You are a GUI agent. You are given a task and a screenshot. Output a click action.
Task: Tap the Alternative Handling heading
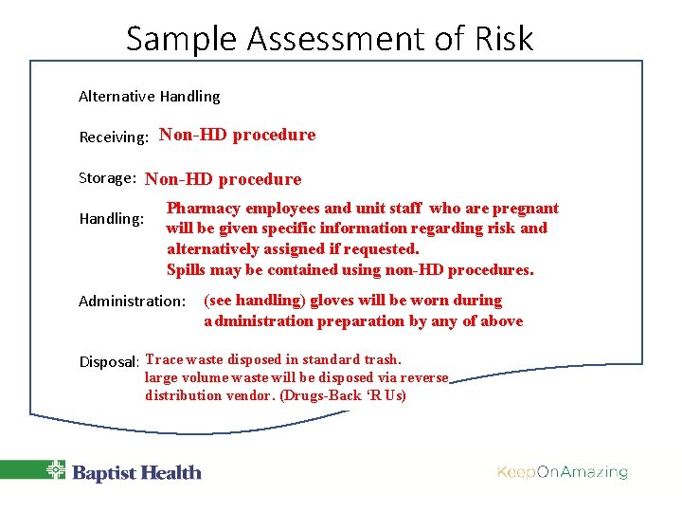pos(149,96)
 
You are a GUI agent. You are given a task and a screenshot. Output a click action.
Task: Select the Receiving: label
pos(114,137)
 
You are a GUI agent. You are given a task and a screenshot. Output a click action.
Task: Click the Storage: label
pos(109,178)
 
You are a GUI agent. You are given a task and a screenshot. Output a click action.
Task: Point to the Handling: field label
pos(112,219)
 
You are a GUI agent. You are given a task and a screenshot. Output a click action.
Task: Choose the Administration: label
pos(132,302)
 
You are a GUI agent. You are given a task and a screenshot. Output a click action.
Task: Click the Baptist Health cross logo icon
pos(57,471)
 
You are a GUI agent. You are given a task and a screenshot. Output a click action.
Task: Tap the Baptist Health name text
pos(136,472)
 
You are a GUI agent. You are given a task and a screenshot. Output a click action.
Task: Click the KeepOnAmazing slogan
pos(562,472)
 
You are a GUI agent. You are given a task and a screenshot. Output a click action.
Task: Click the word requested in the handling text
pos(382,249)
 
